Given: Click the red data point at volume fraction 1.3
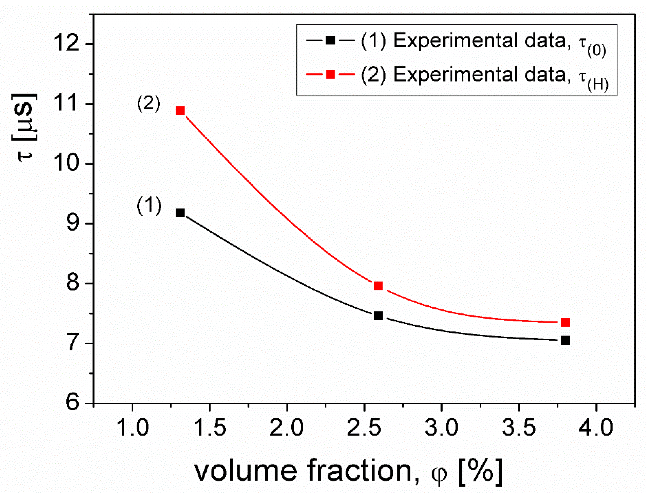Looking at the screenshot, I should (x=180, y=111).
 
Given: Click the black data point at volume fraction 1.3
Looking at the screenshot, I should (x=180, y=213).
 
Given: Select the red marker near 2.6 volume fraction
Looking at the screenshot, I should (x=378, y=286).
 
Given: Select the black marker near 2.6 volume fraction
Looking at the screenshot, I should (x=378, y=316).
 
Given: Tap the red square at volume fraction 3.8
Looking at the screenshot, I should (x=565, y=322).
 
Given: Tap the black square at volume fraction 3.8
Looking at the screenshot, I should (x=565, y=340).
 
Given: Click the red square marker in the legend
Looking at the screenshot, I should (x=330, y=74).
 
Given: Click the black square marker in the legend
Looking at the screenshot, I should (x=330, y=40).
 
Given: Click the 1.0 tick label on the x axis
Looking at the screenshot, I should (x=133, y=428).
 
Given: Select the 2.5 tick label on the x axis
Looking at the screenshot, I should (x=364, y=428).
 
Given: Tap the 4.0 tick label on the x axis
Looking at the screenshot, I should (x=596, y=428).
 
